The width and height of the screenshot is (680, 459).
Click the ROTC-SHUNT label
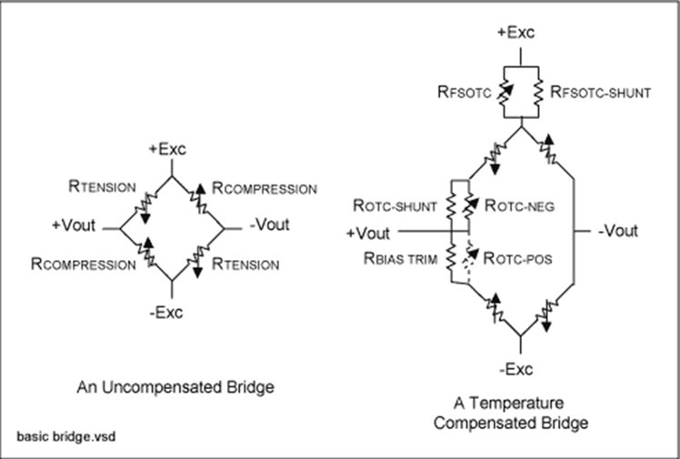pyautogui.click(x=401, y=205)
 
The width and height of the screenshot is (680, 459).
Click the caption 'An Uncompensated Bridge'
pyautogui.click(x=175, y=387)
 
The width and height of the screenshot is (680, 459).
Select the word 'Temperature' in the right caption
pyautogui.click(x=516, y=403)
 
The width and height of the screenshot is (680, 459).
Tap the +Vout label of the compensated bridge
pyautogui.click(x=368, y=233)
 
